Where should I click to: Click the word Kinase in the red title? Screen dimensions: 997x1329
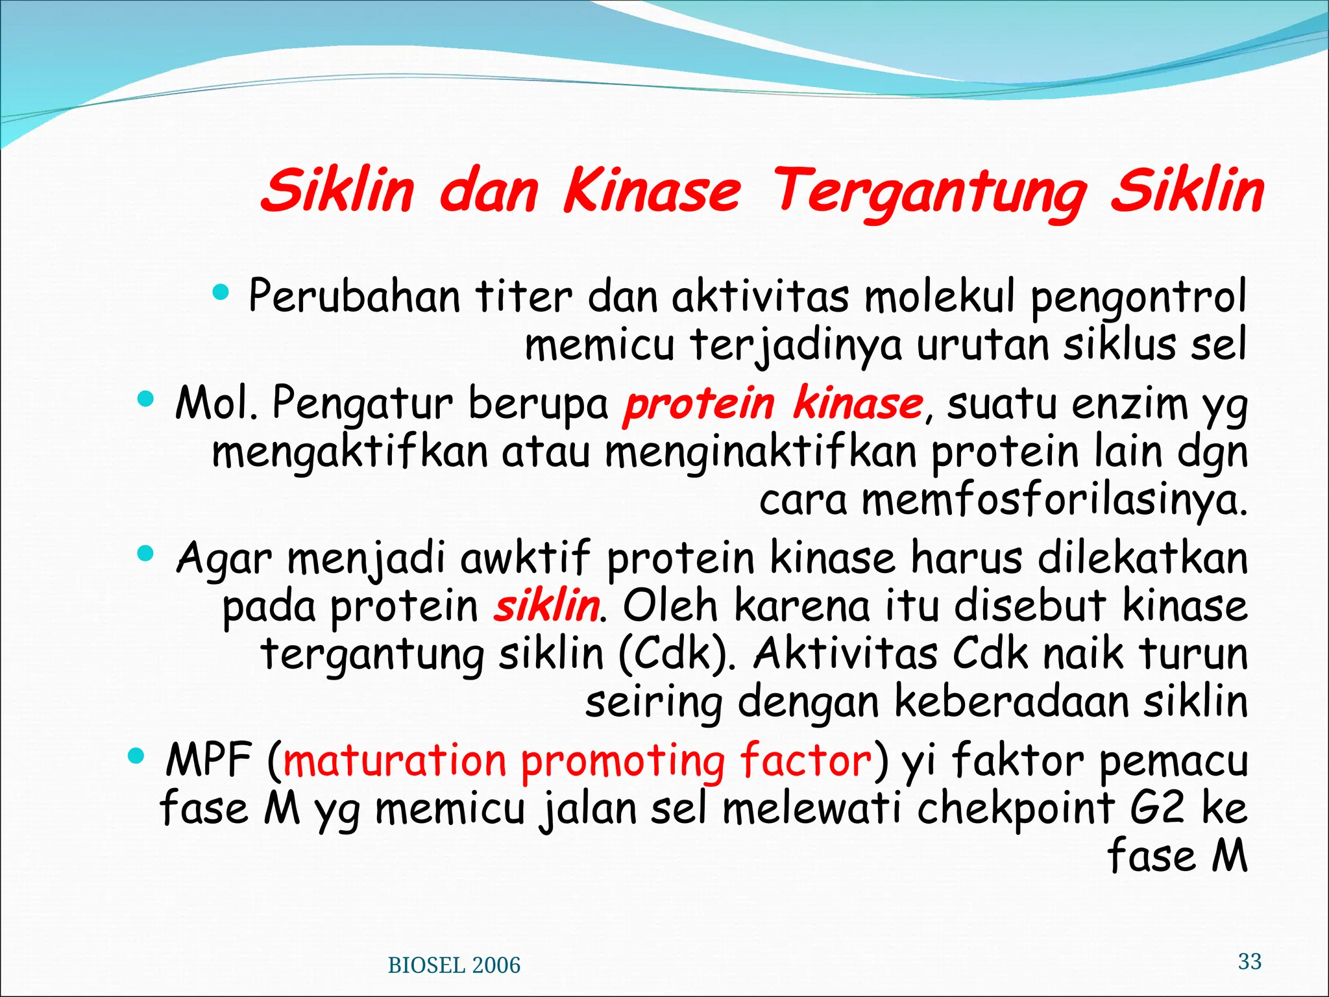[x=652, y=191]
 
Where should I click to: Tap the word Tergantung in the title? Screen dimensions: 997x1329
[x=929, y=192]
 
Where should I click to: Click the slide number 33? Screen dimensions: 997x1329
[x=1249, y=961]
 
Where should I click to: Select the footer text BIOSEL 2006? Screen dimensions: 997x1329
[x=454, y=965]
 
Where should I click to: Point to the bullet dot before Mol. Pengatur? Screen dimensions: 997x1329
[x=147, y=398]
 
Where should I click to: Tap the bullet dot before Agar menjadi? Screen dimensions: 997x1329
[x=146, y=554]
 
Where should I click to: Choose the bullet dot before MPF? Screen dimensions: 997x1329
[x=136, y=755]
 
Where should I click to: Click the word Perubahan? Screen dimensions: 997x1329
[x=354, y=297]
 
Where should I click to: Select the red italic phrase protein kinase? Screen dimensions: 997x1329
[x=772, y=403]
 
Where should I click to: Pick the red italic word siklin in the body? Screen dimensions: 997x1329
[x=546, y=606]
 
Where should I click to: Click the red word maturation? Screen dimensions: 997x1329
[x=395, y=760]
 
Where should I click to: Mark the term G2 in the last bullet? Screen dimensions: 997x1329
[x=1157, y=808]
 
